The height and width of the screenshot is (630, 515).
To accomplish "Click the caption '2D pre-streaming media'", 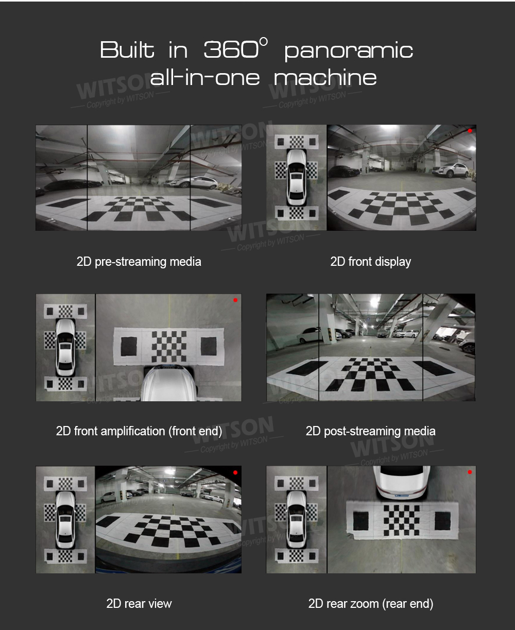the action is pos(139,262).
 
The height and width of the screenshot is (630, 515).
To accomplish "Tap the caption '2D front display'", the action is pos(371,262).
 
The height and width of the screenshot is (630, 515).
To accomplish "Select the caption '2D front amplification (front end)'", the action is pos(139,431).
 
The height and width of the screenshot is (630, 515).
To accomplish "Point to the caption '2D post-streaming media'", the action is pos(371,431).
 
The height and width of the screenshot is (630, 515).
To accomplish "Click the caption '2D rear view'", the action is pos(139,603).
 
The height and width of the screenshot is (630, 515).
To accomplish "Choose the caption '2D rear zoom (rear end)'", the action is pos(371,603).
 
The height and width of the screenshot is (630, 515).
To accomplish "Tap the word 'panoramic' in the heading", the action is pos(349,52).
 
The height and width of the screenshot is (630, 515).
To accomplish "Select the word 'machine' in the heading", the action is pos(325,77).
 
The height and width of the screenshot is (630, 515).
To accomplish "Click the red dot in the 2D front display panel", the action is pos(470,131).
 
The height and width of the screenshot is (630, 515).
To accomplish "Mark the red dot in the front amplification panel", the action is pos(235,300).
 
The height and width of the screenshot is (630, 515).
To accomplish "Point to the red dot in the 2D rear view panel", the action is pos(235,472).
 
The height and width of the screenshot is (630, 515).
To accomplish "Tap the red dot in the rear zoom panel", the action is pos(470,472).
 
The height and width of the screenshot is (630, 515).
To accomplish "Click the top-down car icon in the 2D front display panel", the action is pos(296,177).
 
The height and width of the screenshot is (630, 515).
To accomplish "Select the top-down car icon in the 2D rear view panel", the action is pos(66,520).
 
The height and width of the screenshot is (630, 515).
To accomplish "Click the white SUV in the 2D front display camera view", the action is pos(451,170).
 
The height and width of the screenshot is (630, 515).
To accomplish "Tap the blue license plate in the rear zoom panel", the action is pos(401,496).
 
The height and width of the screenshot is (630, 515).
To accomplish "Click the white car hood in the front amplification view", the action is pos(169,384).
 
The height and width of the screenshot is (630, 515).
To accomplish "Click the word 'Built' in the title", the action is pos(127,49).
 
